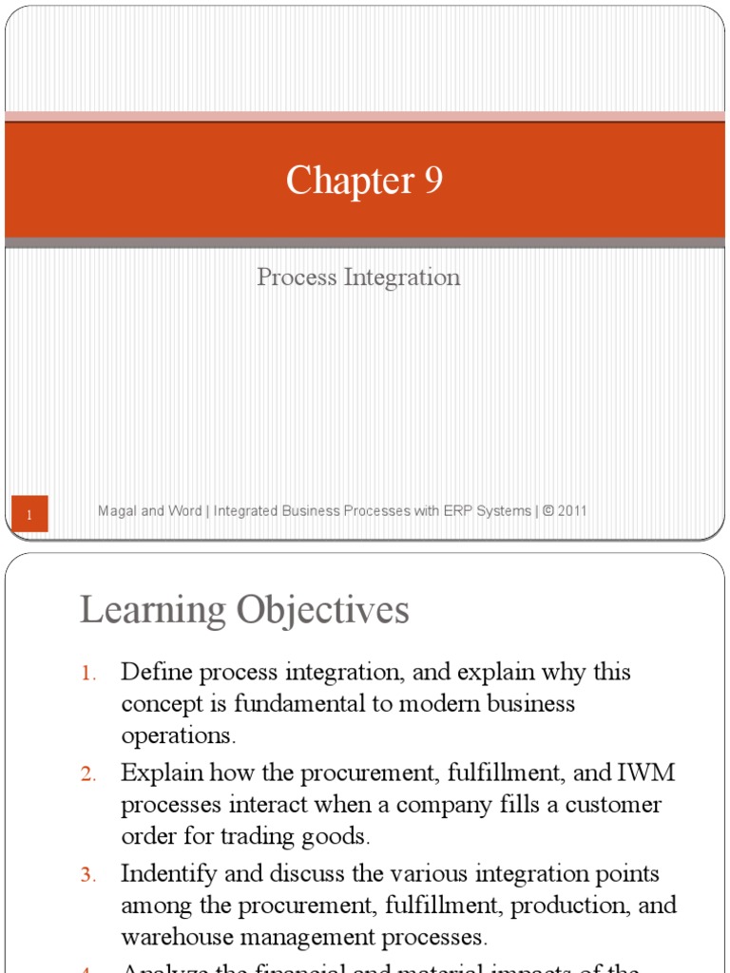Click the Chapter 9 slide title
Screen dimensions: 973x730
364,180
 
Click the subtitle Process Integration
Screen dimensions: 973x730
358,277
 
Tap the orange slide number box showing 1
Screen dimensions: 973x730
29,515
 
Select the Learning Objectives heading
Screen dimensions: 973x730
244,610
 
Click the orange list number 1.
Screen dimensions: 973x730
87,674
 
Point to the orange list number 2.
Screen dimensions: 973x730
87,774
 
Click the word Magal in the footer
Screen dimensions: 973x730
118,511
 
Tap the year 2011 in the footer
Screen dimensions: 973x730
572,511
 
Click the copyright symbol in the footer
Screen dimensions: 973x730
547,511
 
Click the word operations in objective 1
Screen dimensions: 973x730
179,735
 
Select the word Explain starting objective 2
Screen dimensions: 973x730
162,773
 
